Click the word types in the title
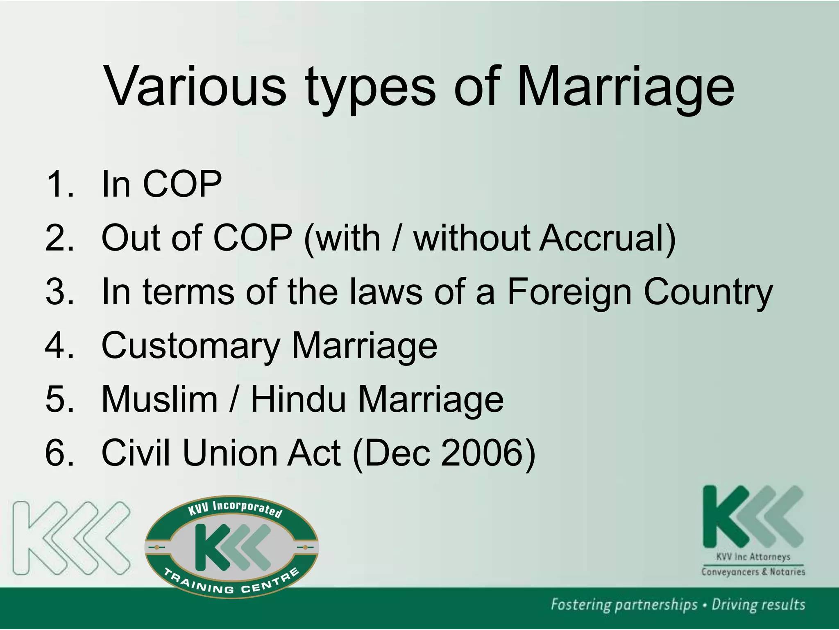tap(370, 88)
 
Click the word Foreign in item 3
tap(569, 292)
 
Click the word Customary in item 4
tap(190, 346)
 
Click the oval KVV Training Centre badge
tap(232, 547)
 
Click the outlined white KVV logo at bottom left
tap(71, 538)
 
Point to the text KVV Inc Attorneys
tap(753, 557)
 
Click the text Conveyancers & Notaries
tap(753, 572)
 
